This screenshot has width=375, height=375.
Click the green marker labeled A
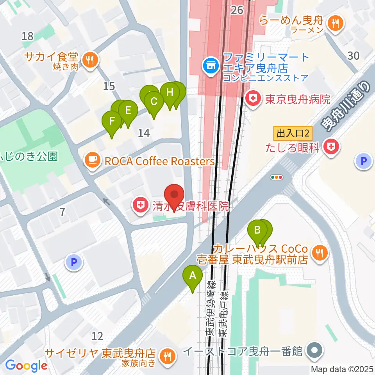tap(193, 276)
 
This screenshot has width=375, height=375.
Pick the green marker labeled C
tap(154, 102)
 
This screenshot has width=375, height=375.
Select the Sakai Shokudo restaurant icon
tap(90, 60)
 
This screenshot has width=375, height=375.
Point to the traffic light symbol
tap(277, 177)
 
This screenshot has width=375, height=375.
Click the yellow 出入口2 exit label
tap(293, 134)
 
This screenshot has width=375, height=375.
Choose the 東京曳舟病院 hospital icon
tap(254, 99)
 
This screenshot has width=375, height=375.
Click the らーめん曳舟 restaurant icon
tap(335, 24)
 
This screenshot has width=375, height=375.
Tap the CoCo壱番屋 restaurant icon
tap(320, 254)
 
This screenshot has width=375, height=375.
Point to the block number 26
tap(237, 10)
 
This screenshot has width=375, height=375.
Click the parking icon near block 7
tap(73, 262)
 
